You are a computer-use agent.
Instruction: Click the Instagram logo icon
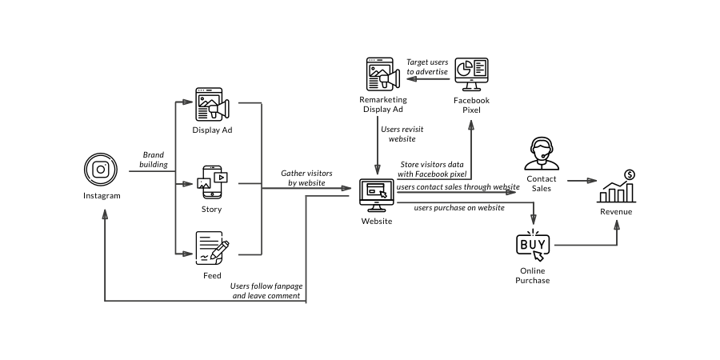pos(101,170)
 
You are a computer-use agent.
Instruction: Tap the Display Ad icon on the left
pos(212,104)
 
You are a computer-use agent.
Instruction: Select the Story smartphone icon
pos(212,182)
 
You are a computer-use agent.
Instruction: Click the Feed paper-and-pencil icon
pos(212,248)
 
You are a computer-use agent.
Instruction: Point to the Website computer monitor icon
pos(377,195)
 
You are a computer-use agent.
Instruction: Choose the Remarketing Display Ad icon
pos(383,74)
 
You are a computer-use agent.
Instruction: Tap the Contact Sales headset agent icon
pos(542,154)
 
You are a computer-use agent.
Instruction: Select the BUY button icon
pos(533,246)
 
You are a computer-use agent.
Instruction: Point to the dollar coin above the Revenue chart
pos(630,175)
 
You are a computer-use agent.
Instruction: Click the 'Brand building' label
pos(154,160)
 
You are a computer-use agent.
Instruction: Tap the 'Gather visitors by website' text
pos(306,178)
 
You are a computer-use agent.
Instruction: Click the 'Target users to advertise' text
pos(427,67)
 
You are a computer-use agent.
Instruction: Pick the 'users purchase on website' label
pos(459,208)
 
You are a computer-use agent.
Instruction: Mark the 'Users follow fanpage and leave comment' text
pos(266,291)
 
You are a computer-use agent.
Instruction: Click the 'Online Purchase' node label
pos(533,275)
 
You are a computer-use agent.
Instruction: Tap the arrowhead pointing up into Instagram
pos(105,214)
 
